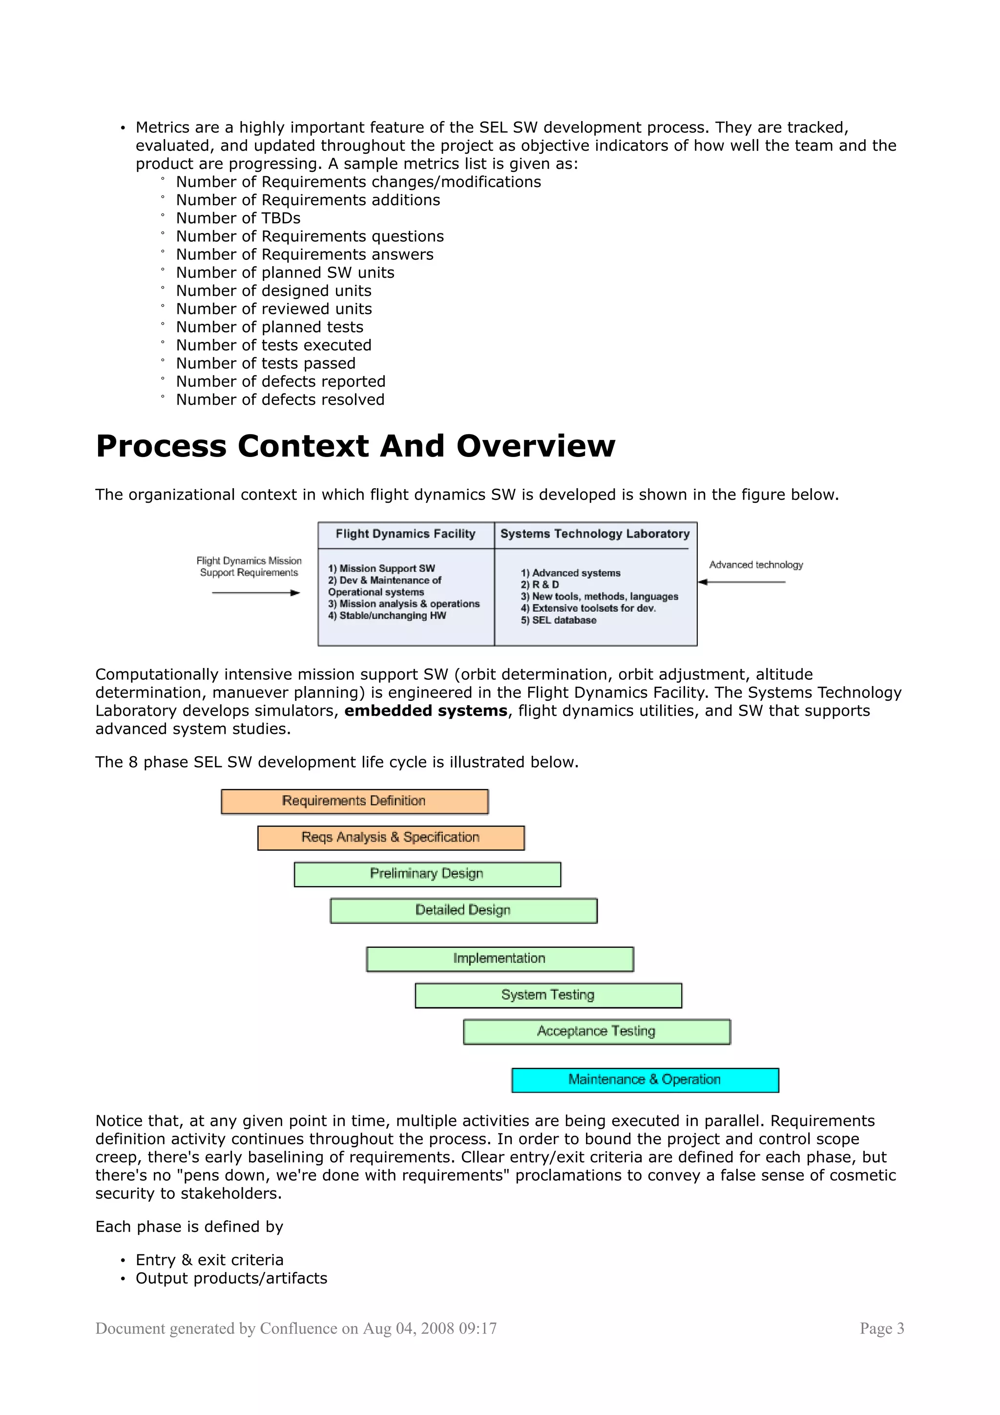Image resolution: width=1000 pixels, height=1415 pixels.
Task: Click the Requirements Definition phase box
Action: [x=354, y=801]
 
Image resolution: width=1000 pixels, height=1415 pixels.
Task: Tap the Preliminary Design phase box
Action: [x=427, y=874]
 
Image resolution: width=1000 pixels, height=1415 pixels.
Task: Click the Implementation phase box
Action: [x=500, y=959]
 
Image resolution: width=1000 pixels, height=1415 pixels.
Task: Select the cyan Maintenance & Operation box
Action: [x=645, y=1081]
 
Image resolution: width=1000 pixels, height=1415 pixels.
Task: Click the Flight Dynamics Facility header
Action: [x=405, y=534]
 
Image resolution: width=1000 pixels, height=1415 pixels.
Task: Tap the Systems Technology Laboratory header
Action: [x=595, y=534]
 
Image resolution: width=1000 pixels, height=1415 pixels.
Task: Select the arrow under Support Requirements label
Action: [x=256, y=593]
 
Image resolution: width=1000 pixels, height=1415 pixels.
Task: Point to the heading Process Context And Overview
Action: [x=355, y=446]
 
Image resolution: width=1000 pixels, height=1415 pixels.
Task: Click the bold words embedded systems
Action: [x=426, y=711]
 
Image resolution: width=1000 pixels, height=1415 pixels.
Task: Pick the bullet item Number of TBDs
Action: [x=238, y=219]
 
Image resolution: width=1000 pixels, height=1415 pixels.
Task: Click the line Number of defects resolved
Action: [x=280, y=400]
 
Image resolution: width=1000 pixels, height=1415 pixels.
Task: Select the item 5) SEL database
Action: [x=558, y=621]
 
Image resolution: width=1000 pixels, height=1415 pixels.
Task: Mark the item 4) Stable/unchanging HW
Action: [x=387, y=616]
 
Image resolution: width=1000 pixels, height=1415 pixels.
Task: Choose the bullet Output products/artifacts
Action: [x=231, y=1279]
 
